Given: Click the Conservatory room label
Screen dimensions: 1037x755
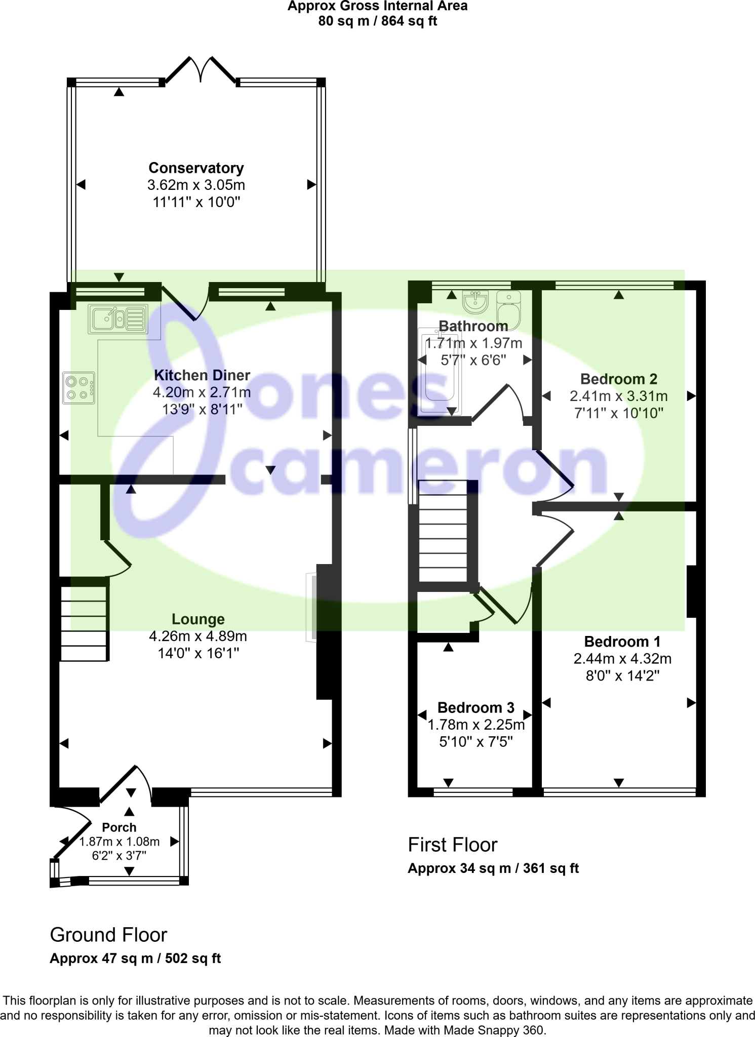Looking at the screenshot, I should [196, 168].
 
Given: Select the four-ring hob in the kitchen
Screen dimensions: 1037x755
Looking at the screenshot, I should [78, 388].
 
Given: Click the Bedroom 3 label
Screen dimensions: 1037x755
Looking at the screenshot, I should [475, 707].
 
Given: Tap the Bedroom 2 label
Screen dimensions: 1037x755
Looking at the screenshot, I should [618, 379].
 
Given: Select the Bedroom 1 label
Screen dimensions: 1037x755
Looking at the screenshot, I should [622, 642].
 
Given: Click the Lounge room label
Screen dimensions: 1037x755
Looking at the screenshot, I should [198, 619].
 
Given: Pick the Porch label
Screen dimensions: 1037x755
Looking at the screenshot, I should [119, 827].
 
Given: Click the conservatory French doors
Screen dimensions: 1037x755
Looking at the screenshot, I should [201, 70].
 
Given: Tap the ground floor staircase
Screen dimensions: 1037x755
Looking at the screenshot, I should [84, 623].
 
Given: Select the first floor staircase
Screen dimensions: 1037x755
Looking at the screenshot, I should [443, 531].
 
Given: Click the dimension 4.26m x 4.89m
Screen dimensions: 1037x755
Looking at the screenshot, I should [198, 636].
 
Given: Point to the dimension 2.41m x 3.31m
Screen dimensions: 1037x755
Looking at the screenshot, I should [618, 396].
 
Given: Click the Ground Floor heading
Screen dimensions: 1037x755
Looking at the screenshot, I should [108, 935].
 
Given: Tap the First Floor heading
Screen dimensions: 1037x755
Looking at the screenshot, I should [453, 845].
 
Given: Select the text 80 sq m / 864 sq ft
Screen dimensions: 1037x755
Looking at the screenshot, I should [377, 21].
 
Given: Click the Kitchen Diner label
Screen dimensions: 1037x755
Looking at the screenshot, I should [202, 375].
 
